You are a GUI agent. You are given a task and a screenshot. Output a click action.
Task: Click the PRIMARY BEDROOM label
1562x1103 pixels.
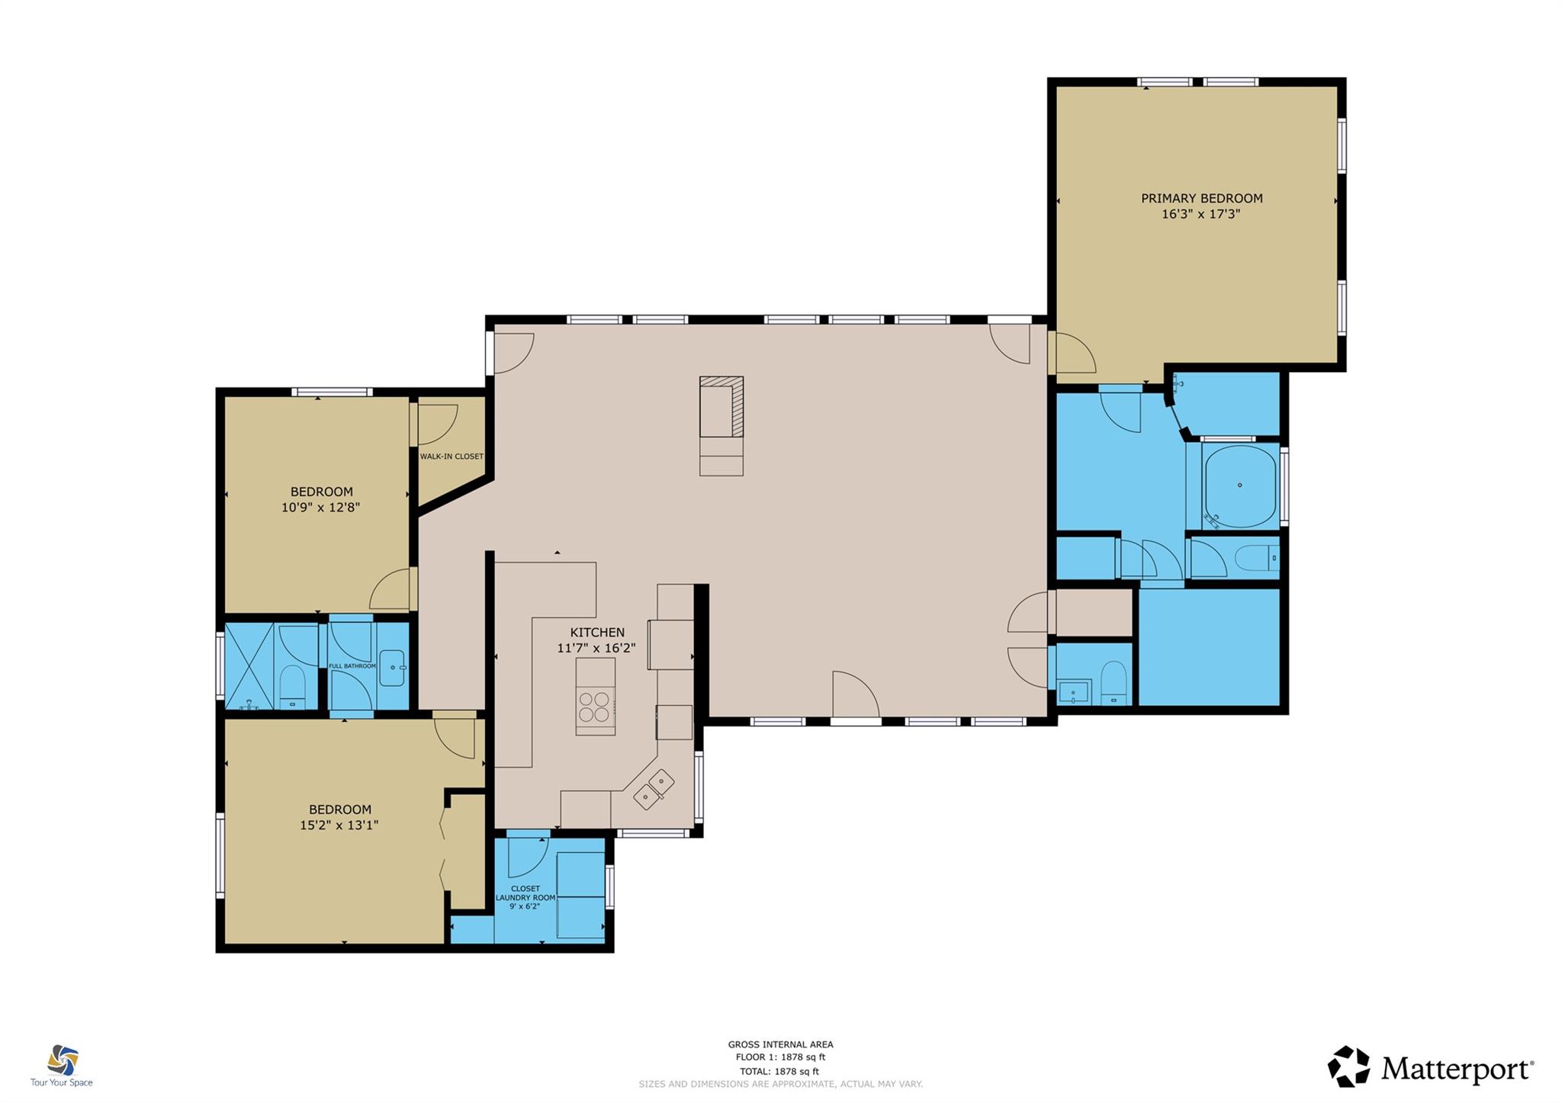pyautogui.click(x=1201, y=198)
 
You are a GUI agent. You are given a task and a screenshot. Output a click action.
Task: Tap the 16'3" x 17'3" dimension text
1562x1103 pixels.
pyautogui.click(x=1201, y=214)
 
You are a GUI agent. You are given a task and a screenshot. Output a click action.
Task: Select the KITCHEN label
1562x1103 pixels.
pyautogui.click(x=597, y=632)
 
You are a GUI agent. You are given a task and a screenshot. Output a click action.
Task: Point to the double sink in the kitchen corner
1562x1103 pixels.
pyautogui.click(x=654, y=789)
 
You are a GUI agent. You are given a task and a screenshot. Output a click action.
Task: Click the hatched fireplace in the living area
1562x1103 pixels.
pyautogui.click(x=722, y=406)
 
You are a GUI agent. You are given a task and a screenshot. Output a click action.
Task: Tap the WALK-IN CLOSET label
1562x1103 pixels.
pyautogui.click(x=452, y=457)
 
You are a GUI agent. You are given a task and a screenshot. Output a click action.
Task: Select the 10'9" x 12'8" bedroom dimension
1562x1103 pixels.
pyautogui.click(x=320, y=507)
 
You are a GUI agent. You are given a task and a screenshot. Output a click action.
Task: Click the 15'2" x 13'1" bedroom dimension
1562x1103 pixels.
pyautogui.click(x=339, y=825)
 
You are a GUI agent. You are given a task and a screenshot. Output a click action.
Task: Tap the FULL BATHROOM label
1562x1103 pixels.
pyautogui.click(x=352, y=666)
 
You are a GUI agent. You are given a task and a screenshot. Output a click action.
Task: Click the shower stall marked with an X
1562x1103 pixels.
pyautogui.click(x=249, y=666)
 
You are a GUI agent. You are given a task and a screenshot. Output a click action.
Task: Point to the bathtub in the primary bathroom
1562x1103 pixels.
pyautogui.click(x=1239, y=486)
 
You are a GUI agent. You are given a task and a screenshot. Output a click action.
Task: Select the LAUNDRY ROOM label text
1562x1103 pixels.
pyautogui.click(x=525, y=898)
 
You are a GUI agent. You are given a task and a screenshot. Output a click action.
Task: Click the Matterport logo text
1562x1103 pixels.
pyautogui.click(x=1455, y=1069)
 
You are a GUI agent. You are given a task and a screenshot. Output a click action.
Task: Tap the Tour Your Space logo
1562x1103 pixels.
pyautogui.click(x=62, y=1066)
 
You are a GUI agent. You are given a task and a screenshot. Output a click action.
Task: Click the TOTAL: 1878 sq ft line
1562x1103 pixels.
pyautogui.click(x=780, y=1071)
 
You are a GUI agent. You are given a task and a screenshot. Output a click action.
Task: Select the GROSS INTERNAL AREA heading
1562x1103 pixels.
pyautogui.click(x=780, y=1044)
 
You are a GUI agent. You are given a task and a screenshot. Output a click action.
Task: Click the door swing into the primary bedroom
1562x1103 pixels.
pyautogui.click(x=1074, y=354)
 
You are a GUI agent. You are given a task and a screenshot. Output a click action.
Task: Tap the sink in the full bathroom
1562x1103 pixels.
pyautogui.click(x=392, y=669)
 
